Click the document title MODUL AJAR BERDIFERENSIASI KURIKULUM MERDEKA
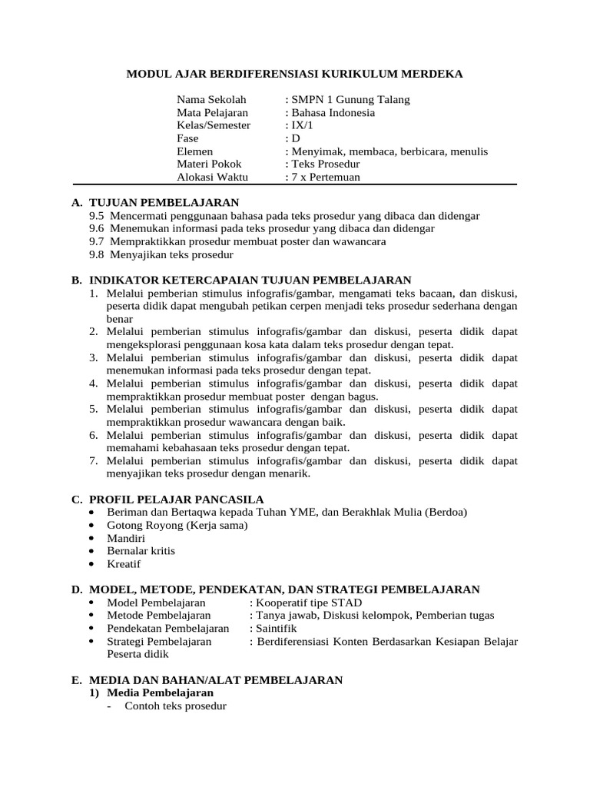294,75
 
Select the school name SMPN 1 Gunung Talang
350,100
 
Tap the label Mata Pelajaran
207,113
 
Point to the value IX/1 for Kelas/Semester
298,125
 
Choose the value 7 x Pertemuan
325,178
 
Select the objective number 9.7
96,241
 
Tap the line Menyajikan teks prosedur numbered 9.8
171,254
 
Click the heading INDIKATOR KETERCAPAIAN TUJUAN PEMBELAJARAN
250,281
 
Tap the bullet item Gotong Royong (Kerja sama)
177,526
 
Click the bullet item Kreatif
124,564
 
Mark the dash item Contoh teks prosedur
175,706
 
